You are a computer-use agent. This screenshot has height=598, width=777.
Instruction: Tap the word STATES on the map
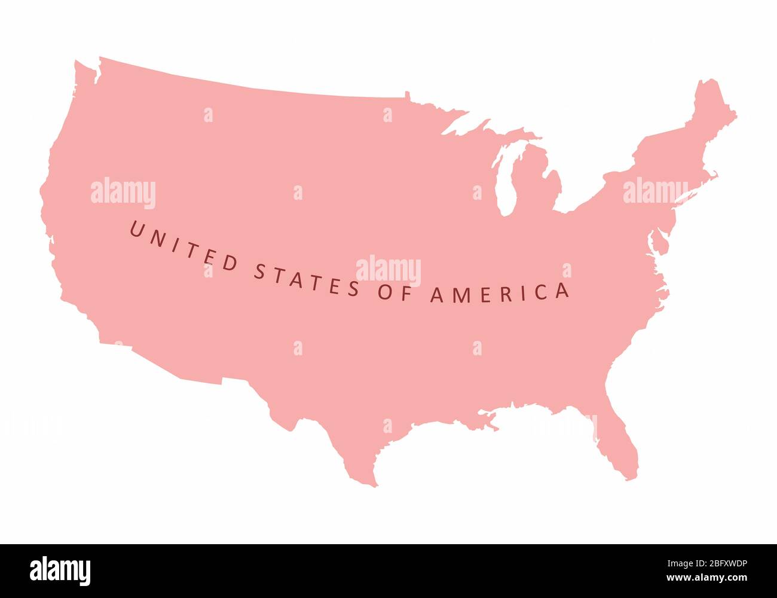306,279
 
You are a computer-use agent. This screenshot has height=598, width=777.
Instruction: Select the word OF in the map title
394,293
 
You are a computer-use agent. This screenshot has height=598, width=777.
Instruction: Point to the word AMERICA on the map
500,293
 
